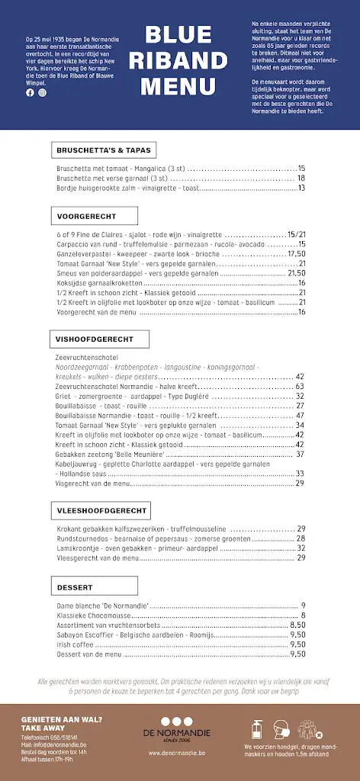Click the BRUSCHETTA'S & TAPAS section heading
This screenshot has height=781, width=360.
pos(104,149)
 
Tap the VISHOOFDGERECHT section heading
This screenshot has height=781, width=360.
pos(95,339)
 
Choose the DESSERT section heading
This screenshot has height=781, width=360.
pos(75,587)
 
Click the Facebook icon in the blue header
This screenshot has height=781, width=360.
pos(31,92)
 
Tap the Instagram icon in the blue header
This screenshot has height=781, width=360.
pos(42,92)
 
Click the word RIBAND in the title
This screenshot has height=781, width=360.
pos(179,60)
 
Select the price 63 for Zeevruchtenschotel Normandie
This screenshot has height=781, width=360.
pos(300,387)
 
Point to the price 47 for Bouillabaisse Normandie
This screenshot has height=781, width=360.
pos(300,416)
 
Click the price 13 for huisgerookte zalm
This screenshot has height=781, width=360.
pos(301,188)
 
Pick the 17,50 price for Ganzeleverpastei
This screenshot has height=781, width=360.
pos(296,254)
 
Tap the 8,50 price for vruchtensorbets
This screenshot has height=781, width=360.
pos(297,625)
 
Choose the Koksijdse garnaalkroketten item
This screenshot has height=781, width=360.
pos(100,283)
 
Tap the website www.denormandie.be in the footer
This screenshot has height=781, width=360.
pos(180,753)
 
